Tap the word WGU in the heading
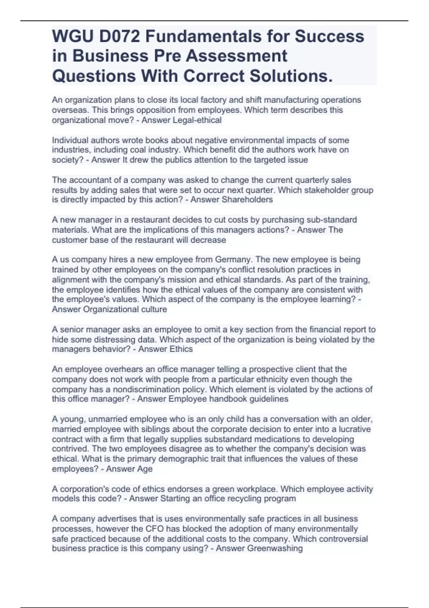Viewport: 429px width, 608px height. click(x=70, y=36)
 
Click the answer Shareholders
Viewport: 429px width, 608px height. click(x=247, y=200)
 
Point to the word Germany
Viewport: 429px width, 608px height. click(x=233, y=259)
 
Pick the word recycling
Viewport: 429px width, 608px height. click(x=239, y=499)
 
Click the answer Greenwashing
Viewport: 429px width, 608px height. click(x=275, y=548)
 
